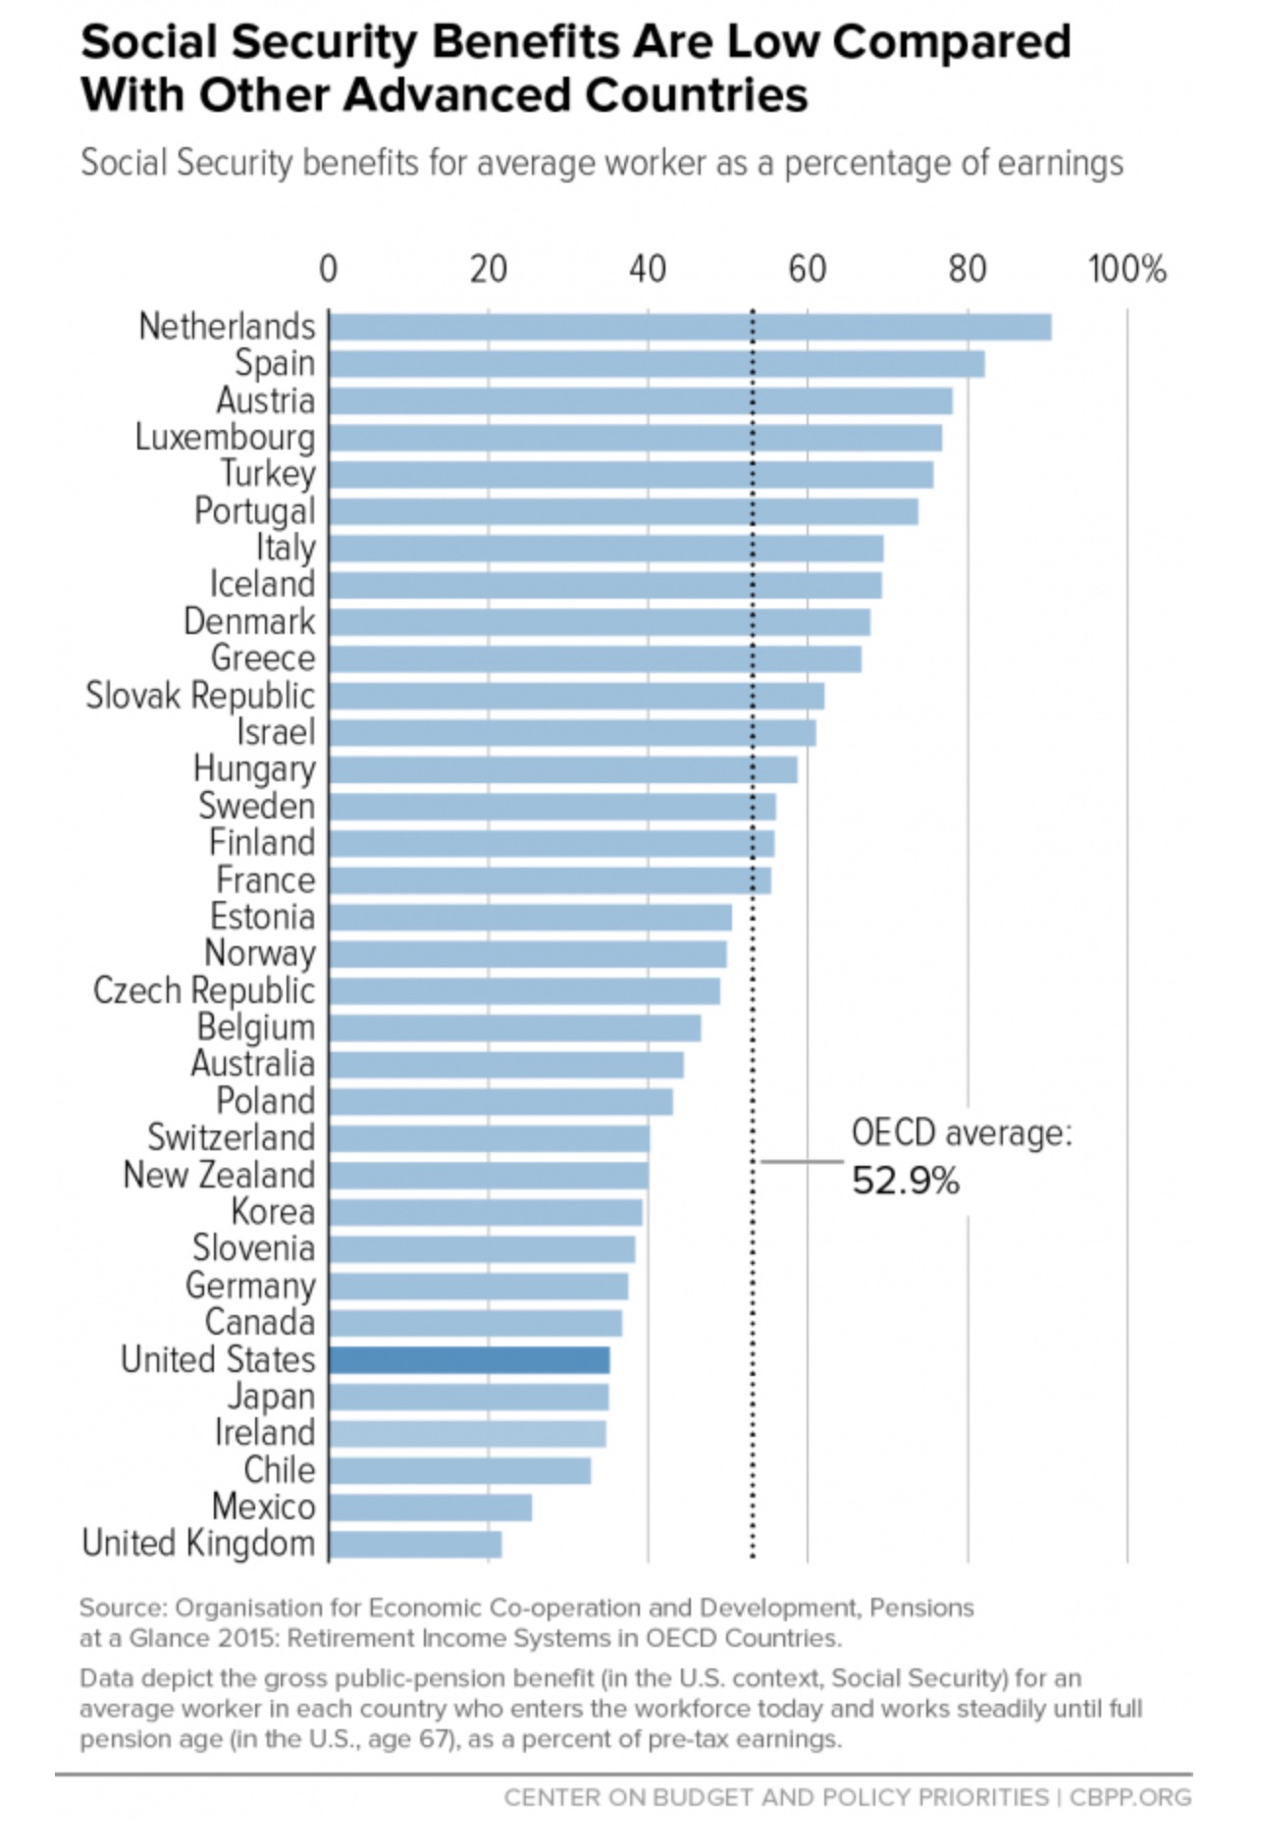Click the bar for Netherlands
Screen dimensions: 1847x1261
[x=690, y=327]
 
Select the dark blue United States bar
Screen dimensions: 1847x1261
[x=469, y=1359]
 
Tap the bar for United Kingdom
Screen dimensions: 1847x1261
[x=415, y=1544]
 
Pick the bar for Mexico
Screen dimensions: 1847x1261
[x=431, y=1507]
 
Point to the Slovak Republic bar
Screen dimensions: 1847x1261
[x=577, y=696]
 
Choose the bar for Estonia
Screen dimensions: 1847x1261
[x=531, y=918]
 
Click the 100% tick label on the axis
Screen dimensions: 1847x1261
[x=1127, y=269]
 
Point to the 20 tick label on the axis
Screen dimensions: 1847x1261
[x=488, y=269]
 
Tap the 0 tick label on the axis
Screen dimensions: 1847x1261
[x=329, y=269]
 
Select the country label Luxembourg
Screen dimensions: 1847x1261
[x=225, y=438]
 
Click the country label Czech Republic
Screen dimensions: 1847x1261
[x=204, y=991]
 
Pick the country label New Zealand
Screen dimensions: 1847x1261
[x=219, y=1175]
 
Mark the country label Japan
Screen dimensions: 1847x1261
[x=272, y=1397]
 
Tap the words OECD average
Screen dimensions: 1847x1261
[x=961, y=1134]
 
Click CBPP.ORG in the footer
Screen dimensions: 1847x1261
[x=1130, y=1797]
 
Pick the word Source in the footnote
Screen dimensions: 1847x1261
[x=122, y=1608]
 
